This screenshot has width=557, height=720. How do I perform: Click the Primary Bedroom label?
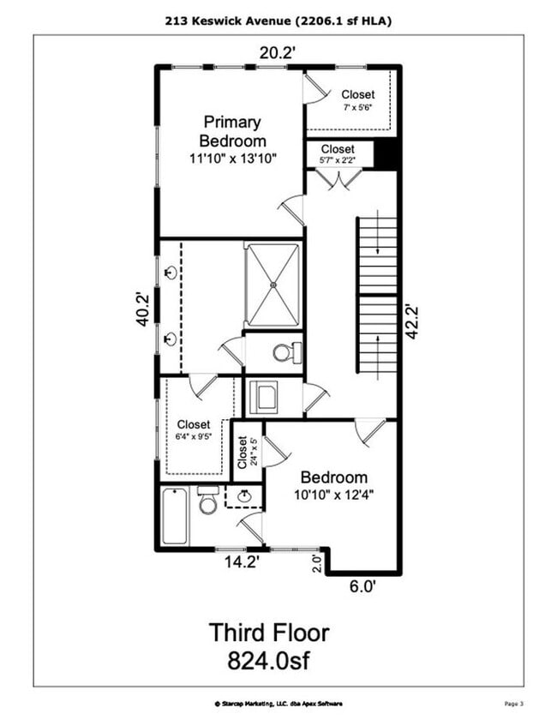(x=234, y=131)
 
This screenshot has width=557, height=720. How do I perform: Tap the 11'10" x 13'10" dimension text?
(x=234, y=158)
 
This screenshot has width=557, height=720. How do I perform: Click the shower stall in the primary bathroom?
(x=273, y=284)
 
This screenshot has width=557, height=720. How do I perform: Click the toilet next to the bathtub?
(x=208, y=501)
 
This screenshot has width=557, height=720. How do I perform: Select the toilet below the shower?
(x=286, y=352)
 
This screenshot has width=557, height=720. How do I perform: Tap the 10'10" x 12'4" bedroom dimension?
(x=334, y=495)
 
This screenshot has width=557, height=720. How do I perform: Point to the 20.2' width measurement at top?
(x=278, y=53)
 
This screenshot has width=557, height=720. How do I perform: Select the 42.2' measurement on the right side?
(x=412, y=322)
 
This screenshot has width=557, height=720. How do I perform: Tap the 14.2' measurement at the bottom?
(x=241, y=561)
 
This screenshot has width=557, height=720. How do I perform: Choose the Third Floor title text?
(x=270, y=633)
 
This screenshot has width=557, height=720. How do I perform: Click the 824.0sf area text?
(x=270, y=661)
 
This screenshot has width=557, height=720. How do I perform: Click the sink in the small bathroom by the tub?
(x=243, y=495)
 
